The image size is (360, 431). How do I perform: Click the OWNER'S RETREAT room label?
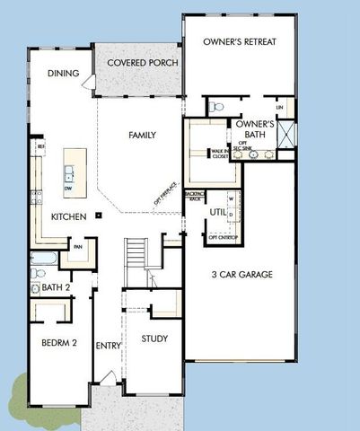point(239,42)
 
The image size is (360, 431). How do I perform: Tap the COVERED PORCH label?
point(142,63)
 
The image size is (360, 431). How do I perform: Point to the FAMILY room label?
point(142,136)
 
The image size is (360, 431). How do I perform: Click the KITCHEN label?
point(68,217)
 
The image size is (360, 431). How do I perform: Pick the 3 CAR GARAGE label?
point(241,274)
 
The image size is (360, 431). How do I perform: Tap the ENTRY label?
point(108,345)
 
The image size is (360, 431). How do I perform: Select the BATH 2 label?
point(56,288)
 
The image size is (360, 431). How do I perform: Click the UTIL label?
point(216,212)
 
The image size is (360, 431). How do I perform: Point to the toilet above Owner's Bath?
point(215,107)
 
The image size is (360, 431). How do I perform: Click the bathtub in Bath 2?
point(43,262)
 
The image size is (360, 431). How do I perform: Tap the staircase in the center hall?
point(136,251)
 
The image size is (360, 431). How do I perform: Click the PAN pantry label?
point(78,246)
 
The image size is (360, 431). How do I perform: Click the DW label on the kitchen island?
point(70,188)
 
